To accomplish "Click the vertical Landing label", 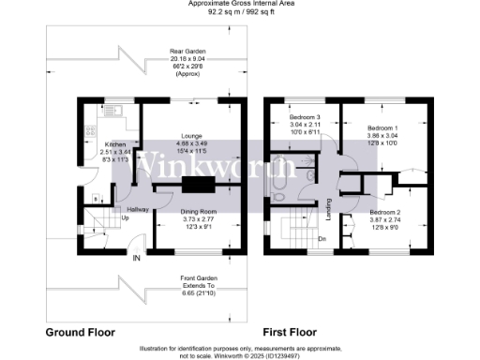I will [x=329, y=210].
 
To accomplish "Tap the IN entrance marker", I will [x=137, y=258].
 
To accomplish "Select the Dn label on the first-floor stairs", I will [x=322, y=238].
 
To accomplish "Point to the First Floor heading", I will [x=291, y=333].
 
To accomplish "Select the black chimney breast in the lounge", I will [x=199, y=185].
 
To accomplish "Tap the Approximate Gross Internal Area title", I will [x=241, y=6].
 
